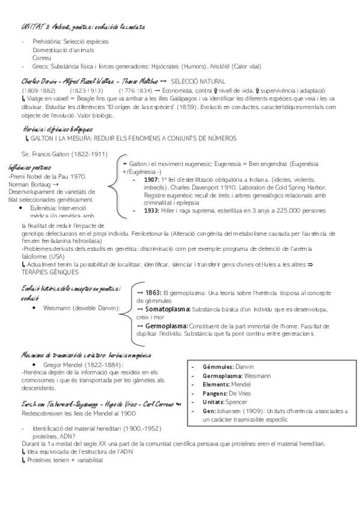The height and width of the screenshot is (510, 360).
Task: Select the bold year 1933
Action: click(152, 210)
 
